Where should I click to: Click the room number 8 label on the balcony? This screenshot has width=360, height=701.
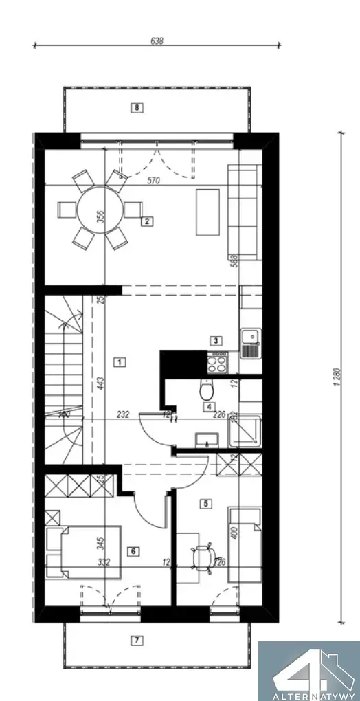tap(137, 107)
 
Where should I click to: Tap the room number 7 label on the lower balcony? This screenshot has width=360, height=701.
tap(137, 641)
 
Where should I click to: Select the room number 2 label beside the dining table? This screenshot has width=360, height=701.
tap(146, 221)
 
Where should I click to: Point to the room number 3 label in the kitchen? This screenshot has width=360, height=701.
tap(215, 340)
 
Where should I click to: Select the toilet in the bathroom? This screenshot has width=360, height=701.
tap(205, 391)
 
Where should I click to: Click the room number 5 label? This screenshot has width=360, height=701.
tap(205, 503)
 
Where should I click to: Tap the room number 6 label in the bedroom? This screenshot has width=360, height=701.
tap(133, 550)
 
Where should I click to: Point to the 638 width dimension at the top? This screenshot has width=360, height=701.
tap(157, 41)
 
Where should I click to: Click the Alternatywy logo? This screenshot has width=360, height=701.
tap(308, 671)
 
